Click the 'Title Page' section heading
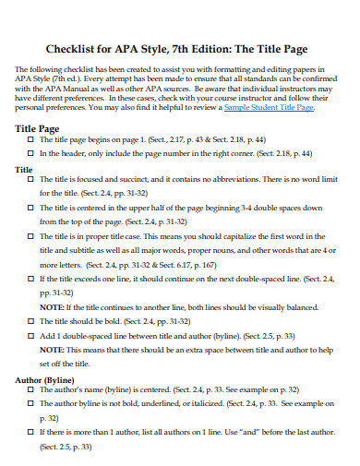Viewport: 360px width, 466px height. [38, 130]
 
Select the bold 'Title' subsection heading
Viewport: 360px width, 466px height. [25, 171]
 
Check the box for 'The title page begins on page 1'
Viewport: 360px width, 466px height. [30, 142]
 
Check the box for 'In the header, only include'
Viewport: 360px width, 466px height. [30, 155]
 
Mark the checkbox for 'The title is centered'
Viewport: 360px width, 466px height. [30, 209]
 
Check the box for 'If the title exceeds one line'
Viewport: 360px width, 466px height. [30, 277]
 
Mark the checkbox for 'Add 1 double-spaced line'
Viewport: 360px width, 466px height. [30, 337]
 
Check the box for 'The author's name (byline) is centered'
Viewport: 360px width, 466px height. [30, 391]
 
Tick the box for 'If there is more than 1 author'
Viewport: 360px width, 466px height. [30, 432]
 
